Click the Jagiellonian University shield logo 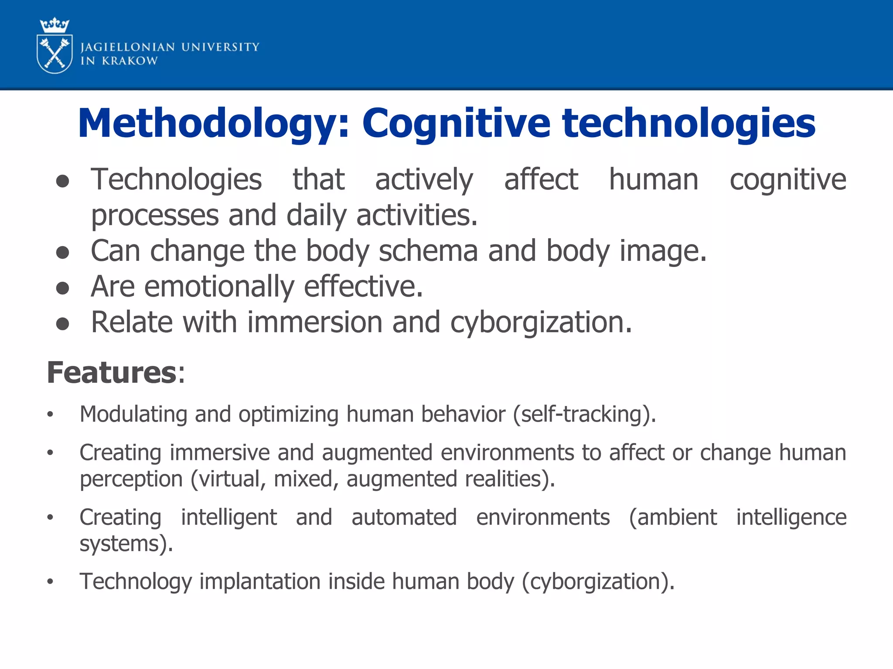[55, 54]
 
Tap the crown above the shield [55, 26]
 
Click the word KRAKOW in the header [130, 61]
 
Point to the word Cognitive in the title [456, 124]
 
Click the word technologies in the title [688, 124]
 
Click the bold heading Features [112, 373]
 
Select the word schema [428, 251]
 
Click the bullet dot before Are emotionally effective [63, 288]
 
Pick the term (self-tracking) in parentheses [584, 414]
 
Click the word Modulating [133, 414]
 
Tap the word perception [131, 479]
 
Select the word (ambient [673, 517]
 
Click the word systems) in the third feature [126, 544]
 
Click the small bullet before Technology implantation [51, 581]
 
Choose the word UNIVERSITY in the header [220, 47]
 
